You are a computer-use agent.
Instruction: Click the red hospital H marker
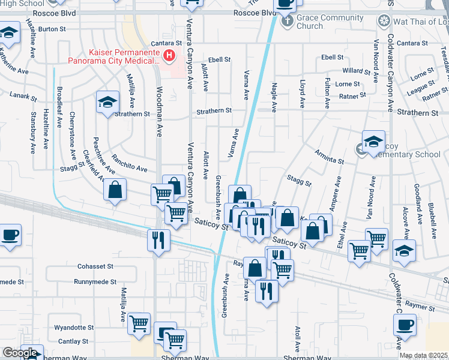coord(169,56)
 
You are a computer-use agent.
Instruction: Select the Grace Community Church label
coord(326,22)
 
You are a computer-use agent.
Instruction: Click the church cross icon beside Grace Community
coord(287,22)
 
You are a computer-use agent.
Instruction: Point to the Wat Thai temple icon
coord(384,22)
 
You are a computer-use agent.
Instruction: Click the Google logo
coord(19,353)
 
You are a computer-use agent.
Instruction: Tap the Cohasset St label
coord(95,266)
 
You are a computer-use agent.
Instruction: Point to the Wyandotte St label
coord(74,328)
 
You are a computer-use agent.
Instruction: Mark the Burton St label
coord(52,29)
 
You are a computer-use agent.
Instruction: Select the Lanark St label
coord(23,94)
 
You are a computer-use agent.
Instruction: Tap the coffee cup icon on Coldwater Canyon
coord(405,326)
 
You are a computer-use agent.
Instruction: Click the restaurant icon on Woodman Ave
coord(158,240)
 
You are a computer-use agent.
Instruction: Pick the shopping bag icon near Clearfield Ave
coord(115,190)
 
